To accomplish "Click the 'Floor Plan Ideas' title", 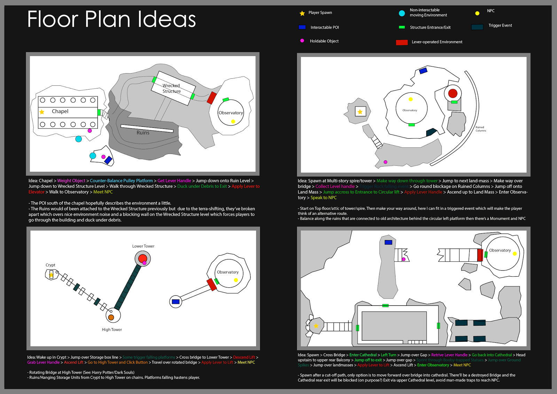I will point(111,19).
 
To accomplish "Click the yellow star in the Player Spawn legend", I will point(302,13).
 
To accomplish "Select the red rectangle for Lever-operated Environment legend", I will point(402,42).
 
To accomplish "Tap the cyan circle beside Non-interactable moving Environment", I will point(402,13).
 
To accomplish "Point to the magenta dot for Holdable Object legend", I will point(302,41).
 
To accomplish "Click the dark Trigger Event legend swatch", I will point(477,27).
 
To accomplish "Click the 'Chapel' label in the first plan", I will point(60,111).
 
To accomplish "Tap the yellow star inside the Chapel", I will point(42,112).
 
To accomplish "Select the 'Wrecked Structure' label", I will point(172,88).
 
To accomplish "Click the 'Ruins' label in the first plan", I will point(143,133).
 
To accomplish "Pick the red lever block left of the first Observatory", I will point(212,98).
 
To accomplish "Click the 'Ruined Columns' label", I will point(480,129).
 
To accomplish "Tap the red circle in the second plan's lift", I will point(453,93).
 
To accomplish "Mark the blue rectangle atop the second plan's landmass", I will point(423,71).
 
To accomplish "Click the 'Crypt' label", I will point(50,265).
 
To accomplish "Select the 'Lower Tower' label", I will point(143,246).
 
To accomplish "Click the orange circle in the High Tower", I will point(111,317).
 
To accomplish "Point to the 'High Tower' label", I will point(112,330).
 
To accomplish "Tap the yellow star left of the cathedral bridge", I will point(316,326).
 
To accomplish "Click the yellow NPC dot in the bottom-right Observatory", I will point(515,254).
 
